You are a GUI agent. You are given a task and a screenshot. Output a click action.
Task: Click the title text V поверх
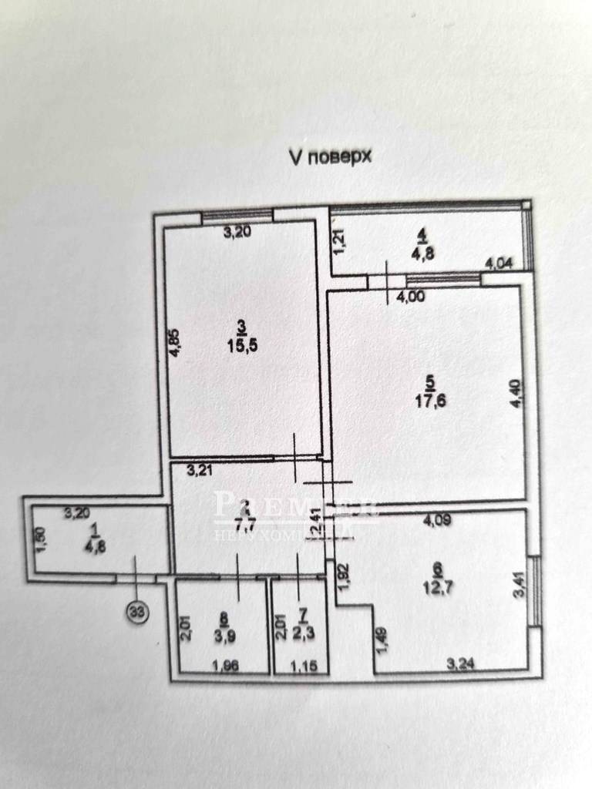330,158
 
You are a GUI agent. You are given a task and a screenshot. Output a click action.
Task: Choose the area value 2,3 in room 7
302,636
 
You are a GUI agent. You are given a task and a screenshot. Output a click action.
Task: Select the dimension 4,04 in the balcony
497,264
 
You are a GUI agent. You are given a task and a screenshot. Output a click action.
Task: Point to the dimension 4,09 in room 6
437,522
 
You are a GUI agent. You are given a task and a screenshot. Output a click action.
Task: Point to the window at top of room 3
237,216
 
